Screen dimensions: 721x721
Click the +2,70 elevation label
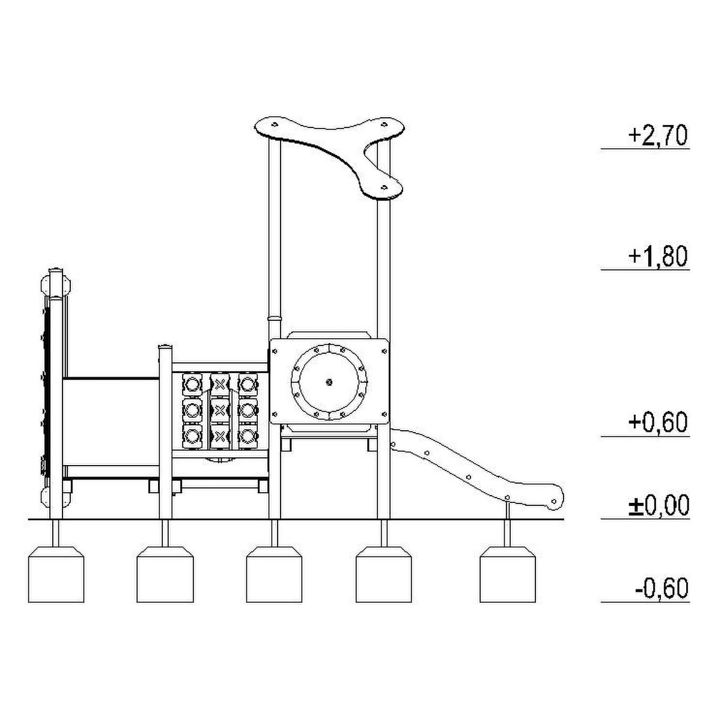[658, 135]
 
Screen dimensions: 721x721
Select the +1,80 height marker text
[658, 256]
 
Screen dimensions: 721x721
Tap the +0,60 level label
[658, 422]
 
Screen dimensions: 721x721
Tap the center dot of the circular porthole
[329, 382]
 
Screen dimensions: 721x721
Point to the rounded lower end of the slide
[555, 499]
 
